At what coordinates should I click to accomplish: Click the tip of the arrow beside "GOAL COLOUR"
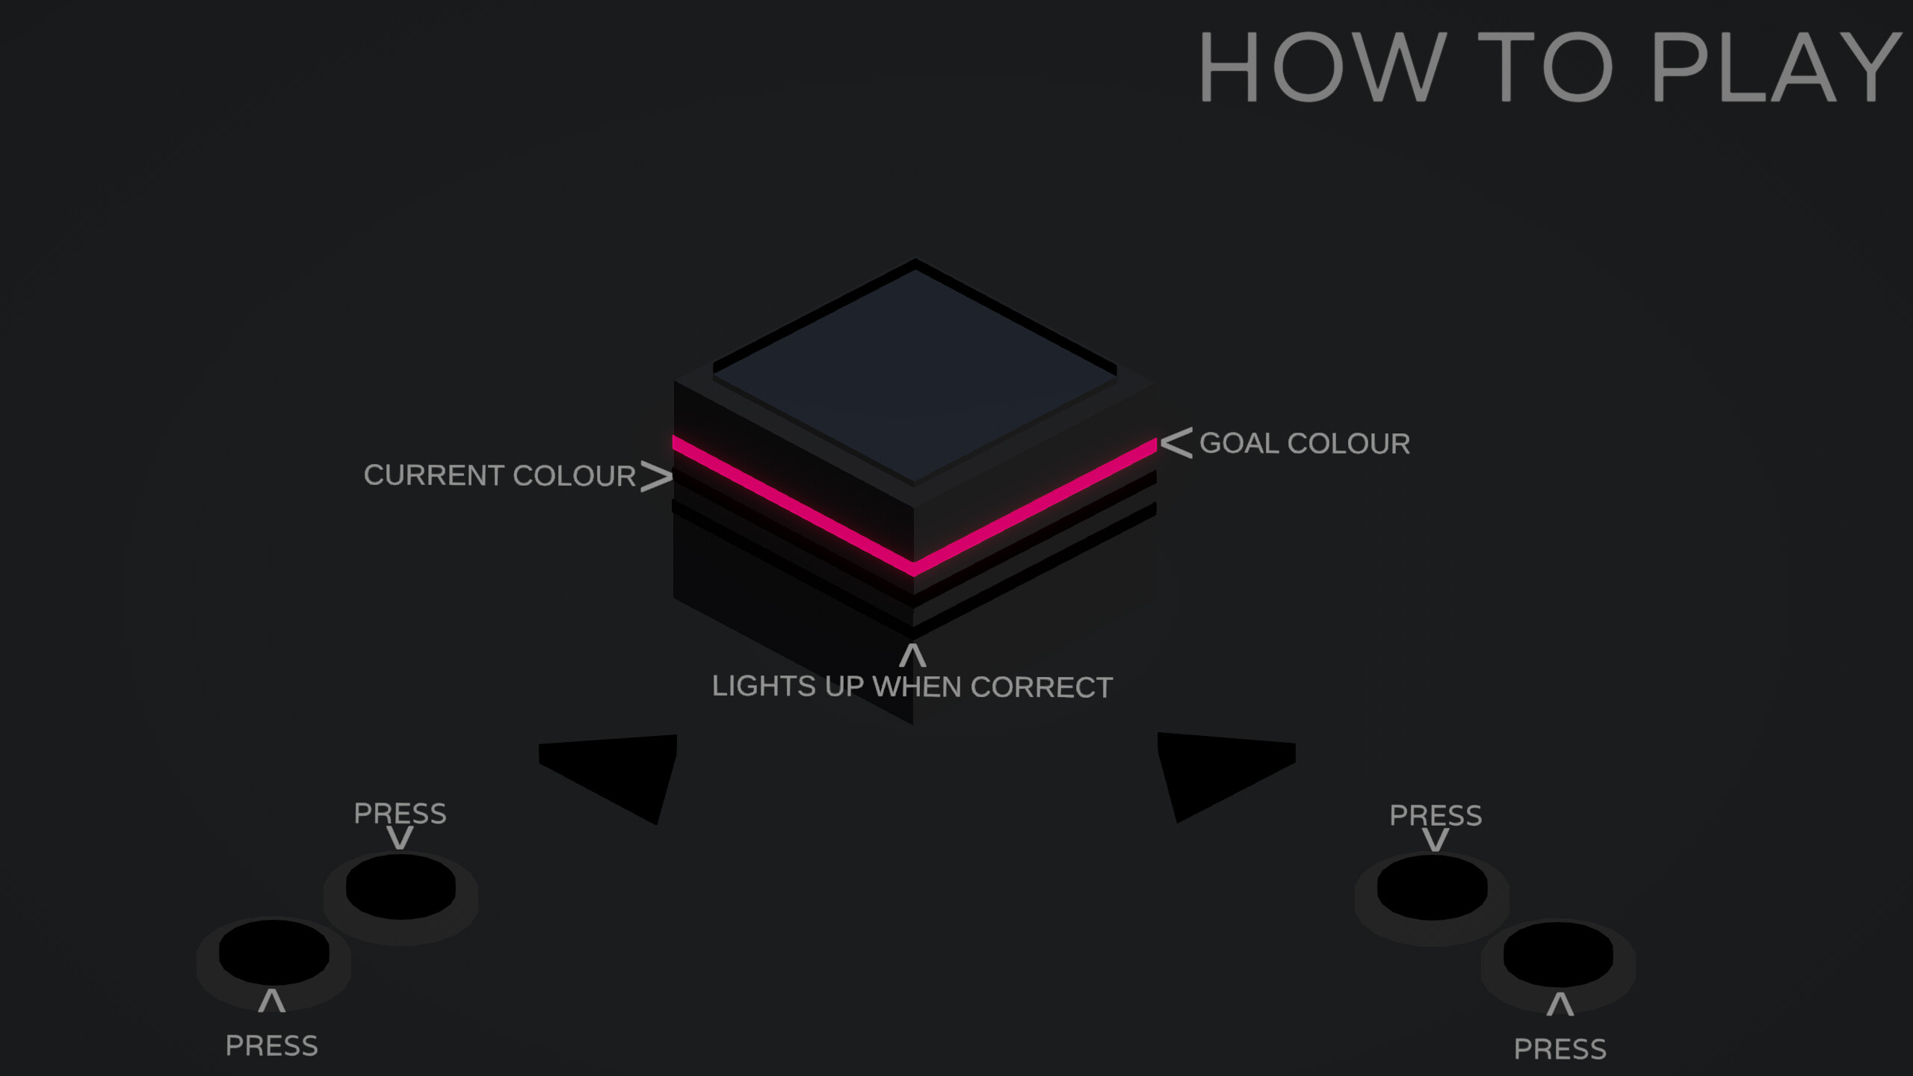click(1161, 443)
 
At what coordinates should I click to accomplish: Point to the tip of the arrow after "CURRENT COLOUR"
click(673, 477)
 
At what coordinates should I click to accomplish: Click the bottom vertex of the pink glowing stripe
click(913, 576)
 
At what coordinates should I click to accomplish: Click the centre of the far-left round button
click(274, 952)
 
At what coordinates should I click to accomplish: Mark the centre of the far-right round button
click(1558, 954)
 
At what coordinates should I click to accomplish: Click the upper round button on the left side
click(401, 887)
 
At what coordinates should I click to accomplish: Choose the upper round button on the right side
click(1433, 888)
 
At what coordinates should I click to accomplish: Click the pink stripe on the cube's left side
click(793, 505)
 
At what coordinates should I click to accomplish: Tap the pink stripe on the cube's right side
click(1035, 507)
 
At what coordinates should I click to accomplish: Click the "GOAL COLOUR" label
click(1305, 443)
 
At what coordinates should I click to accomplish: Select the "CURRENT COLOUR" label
click(499, 475)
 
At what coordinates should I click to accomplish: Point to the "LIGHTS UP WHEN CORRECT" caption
click(912, 687)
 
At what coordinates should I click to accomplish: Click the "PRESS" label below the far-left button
click(272, 1046)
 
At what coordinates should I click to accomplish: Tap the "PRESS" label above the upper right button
click(1435, 815)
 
